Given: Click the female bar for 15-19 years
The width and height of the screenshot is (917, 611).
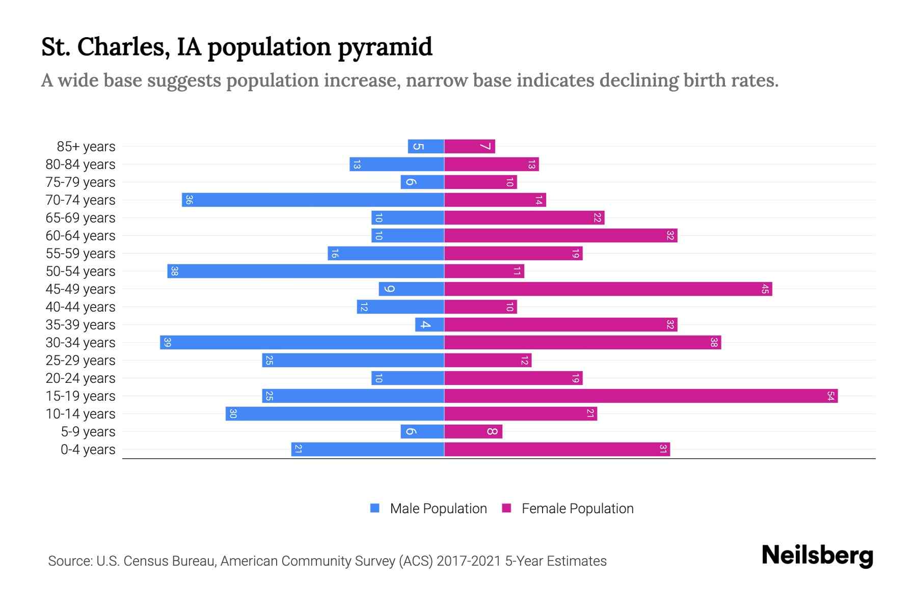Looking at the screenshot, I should pyautogui.click(x=641, y=396).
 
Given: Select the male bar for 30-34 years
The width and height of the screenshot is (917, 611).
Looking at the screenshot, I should pyautogui.click(x=302, y=343).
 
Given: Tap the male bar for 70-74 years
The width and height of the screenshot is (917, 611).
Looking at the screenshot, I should pyautogui.click(x=313, y=200).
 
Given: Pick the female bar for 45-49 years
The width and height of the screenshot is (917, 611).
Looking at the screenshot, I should pyautogui.click(x=608, y=289).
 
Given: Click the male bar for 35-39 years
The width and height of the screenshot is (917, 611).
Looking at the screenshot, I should pyautogui.click(x=429, y=325).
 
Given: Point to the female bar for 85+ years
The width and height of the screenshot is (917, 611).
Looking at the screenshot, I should pyautogui.click(x=470, y=147).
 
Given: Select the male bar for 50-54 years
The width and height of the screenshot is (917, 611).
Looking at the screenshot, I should pyautogui.click(x=306, y=271).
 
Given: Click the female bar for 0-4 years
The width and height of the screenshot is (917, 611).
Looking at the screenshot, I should pyautogui.click(x=557, y=450).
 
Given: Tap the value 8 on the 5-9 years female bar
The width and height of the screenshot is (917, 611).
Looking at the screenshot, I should pyautogui.click(x=492, y=432).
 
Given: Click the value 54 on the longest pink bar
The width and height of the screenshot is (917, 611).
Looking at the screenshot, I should pyautogui.click(x=830, y=396).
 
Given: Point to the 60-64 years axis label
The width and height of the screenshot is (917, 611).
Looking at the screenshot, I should pyautogui.click(x=80, y=236).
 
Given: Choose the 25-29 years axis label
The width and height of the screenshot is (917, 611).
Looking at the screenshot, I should pyautogui.click(x=80, y=360).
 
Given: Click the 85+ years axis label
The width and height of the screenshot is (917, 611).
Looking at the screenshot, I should pyautogui.click(x=86, y=147).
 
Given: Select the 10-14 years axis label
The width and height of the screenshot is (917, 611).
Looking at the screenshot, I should pyautogui.click(x=80, y=414).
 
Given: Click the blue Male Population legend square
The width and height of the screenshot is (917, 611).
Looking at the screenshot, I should pyautogui.click(x=375, y=508).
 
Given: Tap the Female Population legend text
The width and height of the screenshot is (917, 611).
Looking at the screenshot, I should pyautogui.click(x=577, y=509).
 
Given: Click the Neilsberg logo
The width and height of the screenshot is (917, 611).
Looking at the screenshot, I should pyautogui.click(x=817, y=556).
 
